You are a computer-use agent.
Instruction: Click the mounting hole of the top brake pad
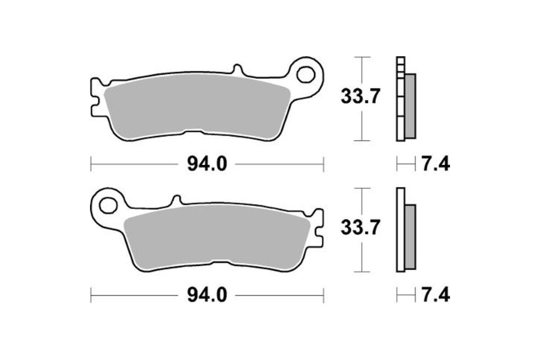pos(307,74)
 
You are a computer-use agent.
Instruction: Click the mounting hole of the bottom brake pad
pos(108,206)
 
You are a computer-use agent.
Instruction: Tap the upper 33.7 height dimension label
pos(361,96)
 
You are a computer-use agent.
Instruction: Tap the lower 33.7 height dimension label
pos(361,227)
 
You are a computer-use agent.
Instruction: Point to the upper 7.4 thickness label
pos(435,164)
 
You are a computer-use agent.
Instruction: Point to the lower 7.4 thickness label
pos(435,296)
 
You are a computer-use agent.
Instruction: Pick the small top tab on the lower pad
pos(177,200)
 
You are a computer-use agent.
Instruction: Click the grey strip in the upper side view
pos(410,106)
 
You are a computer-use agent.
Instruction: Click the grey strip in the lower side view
pos(410,236)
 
